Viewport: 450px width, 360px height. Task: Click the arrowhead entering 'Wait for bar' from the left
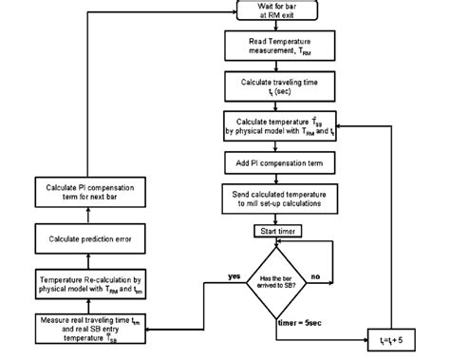(x=232, y=12)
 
